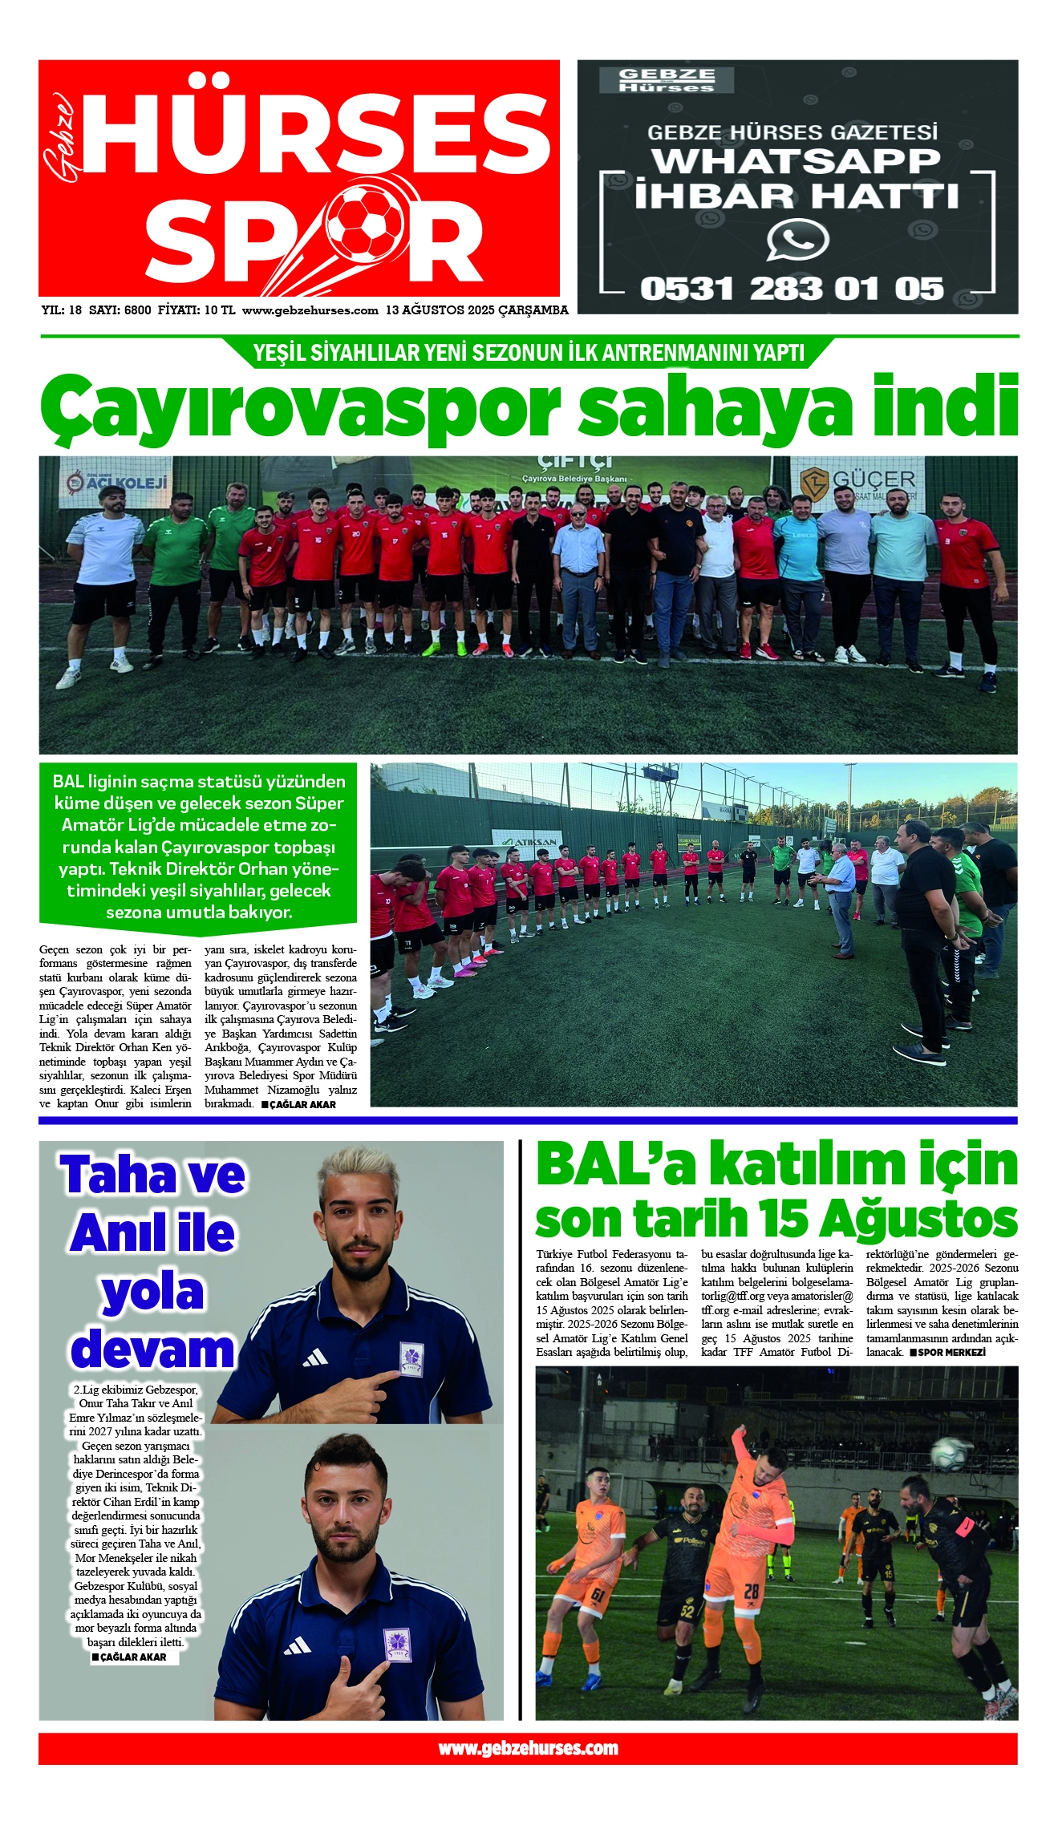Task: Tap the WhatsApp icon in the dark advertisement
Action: pos(797,240)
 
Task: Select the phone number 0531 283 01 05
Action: pos(792,289)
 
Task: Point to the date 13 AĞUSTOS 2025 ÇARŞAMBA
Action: pos(476,310)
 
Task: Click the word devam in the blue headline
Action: pos(152,1349)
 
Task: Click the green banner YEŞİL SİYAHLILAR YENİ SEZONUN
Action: pos(528,353)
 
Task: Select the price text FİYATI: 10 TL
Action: pos(197,310)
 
